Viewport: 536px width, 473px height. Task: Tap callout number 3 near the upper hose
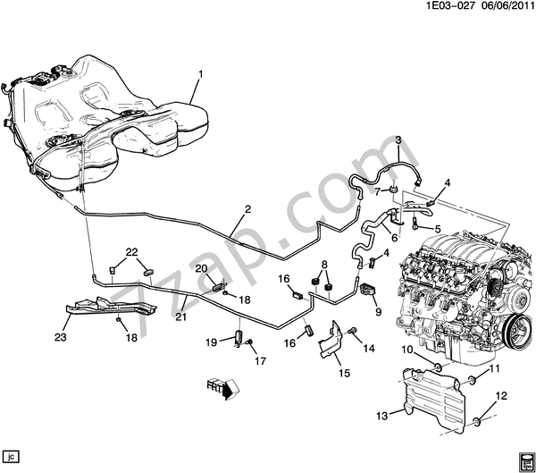point(398,140)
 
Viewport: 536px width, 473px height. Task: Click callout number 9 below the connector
point(378,312)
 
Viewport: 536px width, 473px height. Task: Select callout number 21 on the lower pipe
point(180,316)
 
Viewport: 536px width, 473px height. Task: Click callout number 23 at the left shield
point(61,338)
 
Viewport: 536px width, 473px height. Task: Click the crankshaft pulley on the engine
point(515,336)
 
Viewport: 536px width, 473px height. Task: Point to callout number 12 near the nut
point(500,395)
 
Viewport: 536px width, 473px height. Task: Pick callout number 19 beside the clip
point(214,342)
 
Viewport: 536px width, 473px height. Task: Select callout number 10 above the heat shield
point(406,349)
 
